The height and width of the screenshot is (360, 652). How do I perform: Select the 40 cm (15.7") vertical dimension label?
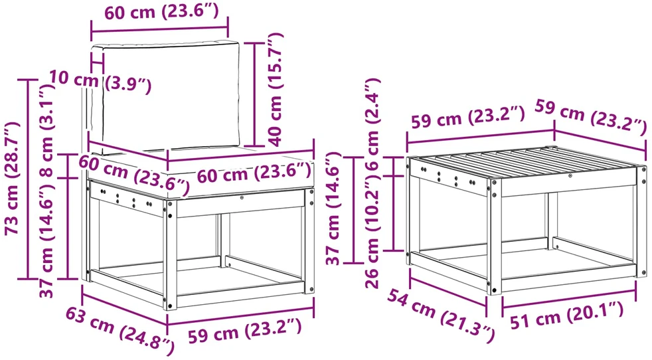pyautogui.click(x=275, y=90)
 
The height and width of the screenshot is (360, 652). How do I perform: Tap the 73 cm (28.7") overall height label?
pyautogui.click(x=13, y=179)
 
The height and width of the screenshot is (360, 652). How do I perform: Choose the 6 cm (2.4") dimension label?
pyautogui.click(x=372, y=124)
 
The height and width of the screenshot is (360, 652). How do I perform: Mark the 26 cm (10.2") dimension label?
pyautogui.click(x=372, y=231)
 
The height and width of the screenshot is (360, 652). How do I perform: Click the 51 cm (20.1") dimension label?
pyautogui.click(x=567, y=315)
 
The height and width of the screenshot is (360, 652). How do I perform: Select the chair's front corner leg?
pyautogui.click(x=170, y=254)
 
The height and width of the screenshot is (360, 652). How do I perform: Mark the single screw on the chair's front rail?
pyautogui.click(x=242, y=198)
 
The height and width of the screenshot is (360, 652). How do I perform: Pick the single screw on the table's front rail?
pyautogui.click(x=570, y=176)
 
